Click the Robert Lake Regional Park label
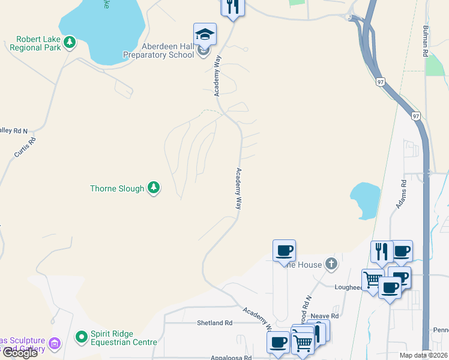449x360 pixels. (x=39, y=43)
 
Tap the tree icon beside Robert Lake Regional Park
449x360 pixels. (x=70, y=42)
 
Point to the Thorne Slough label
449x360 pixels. (x=117, y=188)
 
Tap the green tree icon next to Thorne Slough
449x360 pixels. (x=154, y=188)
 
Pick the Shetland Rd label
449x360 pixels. (x=214, y=323)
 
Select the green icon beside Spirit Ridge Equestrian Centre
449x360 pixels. (x=82, y=338)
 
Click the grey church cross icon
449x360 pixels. (x=331, y=263)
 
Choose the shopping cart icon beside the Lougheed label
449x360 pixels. (x=373, y=278)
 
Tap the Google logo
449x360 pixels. (x=19, y=352)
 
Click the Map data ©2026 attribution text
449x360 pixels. (x=423, y=355)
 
